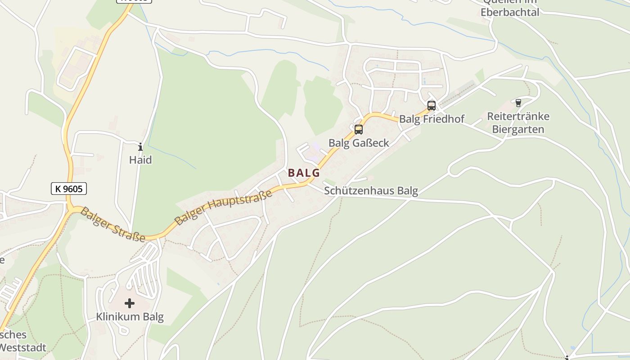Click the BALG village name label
click(x=304, y=172)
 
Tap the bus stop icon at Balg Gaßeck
click(x=359, y=130)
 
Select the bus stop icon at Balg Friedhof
click(x=432, y=106)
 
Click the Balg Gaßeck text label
click(x=359, y=143)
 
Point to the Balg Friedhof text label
click(x=432, y=119)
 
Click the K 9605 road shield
click(x=68, y=189)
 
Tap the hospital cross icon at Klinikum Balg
click(x=130, y=303)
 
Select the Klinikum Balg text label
click(x=130, y=317)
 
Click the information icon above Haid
click(x=140, y=147)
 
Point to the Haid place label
click(x=140, y=160)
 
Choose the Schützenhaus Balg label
click(x=371, y=191)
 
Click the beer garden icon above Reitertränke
click(x=518, y=103)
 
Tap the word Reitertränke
click(x=518, y=117)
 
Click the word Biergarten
click(x=518, y=130)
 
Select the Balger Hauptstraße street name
click(x=224, y=207)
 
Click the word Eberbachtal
click(x=509, y=12)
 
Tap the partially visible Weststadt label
click(x=22, y=348)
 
